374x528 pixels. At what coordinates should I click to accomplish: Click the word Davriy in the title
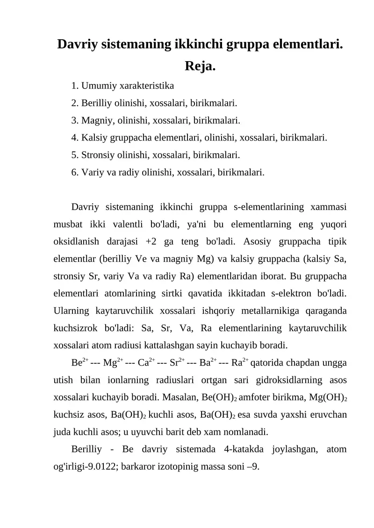tap(77, 45)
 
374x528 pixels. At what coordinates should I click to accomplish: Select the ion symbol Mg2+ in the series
tap(113, 362)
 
